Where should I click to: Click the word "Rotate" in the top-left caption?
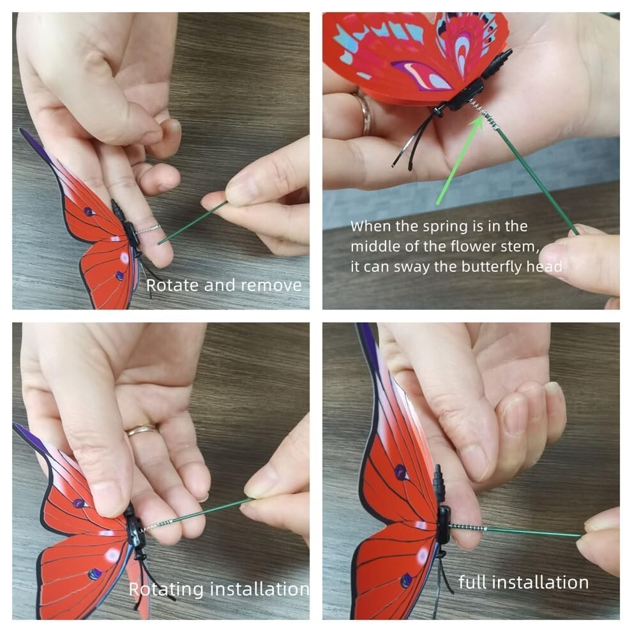173,285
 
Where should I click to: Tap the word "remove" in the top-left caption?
271,286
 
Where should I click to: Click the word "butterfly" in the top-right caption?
493,267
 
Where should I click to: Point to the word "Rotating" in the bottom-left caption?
166,590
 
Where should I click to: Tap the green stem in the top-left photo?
193,223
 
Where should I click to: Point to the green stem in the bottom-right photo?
535,532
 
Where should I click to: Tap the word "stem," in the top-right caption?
522,246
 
